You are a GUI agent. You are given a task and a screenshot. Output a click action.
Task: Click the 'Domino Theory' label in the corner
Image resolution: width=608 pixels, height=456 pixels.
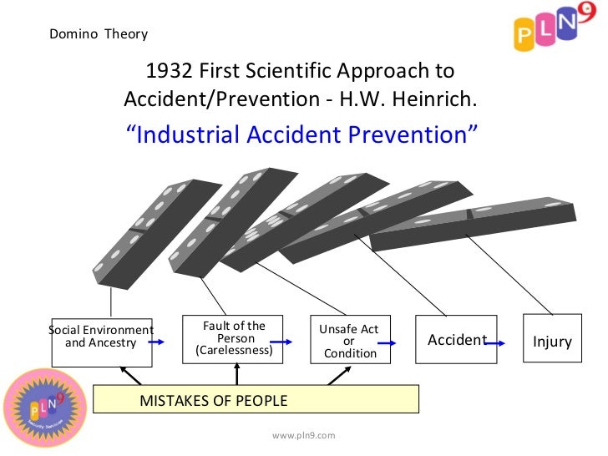click(x=99, y=34)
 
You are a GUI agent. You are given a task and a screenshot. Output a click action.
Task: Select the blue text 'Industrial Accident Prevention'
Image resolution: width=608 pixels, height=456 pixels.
click(x=302, y=134)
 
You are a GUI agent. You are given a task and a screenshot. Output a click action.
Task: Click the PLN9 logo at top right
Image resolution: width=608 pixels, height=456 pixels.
click(x=550, y=32)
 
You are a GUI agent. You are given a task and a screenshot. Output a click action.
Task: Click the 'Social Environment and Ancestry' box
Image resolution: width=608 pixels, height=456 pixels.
click(x=102, y=342)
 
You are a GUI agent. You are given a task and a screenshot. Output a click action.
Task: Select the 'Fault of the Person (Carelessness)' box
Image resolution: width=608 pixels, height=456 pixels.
click(x=233, y=338)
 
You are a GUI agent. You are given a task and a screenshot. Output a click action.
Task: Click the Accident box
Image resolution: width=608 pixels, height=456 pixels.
click(x=455, y=340)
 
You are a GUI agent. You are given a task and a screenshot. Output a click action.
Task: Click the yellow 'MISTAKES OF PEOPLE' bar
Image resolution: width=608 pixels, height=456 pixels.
click(x=256, y=400)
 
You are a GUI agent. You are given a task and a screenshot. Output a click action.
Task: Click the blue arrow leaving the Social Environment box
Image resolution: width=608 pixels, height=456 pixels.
click(x=165, y=342)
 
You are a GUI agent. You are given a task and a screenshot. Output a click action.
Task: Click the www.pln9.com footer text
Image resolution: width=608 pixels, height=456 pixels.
click(x=303, y=435)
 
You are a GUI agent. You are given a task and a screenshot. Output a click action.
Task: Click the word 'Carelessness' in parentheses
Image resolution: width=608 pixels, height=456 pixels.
click(x=234, y=351)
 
